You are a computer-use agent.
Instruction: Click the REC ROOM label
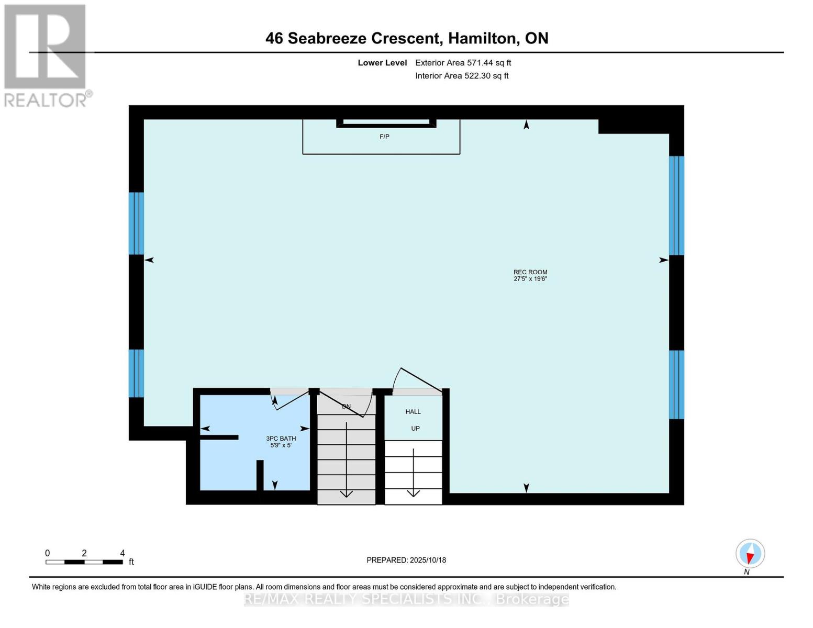tap(530, 272)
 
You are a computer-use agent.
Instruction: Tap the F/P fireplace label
tap(384, 137)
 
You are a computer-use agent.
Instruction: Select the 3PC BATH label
tap(281, 439)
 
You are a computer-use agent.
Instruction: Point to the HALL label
tap(413, 411)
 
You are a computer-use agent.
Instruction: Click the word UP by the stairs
tap(415, 428)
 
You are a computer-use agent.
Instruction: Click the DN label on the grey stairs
tap(346, 406)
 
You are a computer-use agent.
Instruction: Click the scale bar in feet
tap(85, 562)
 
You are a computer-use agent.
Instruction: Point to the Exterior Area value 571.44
tap(480, 63)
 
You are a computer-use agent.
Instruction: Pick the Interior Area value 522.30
tap(477, 76)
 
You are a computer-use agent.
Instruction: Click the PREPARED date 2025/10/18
tap(428, 560)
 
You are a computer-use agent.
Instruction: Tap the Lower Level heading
tap(382, 63)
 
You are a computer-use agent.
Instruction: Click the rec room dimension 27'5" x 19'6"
tap(530, 278)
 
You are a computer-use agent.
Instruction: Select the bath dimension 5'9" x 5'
tap(281, 445)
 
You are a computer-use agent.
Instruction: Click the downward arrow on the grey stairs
tap(347, 459)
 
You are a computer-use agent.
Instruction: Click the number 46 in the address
tap(274, 38)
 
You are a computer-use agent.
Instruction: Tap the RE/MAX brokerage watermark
tap(406, 599)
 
